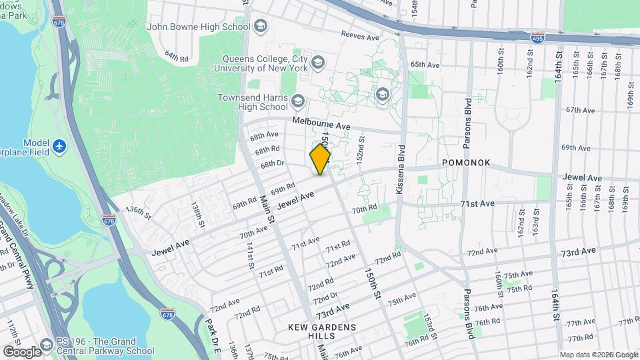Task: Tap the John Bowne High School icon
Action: click(x=260, y=27)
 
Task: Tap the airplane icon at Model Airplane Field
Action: click(x=60, y=145)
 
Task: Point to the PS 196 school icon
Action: click(x=47, y=347)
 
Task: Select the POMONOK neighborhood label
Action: click(x=466, y=163)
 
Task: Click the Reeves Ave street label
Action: click(x=359, y=33)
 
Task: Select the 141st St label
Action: click(x=250, y=257)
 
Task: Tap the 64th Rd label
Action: click(x=177, y=57)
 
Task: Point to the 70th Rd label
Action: click(x=365, y=209)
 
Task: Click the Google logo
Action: click(x=22, y=351)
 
